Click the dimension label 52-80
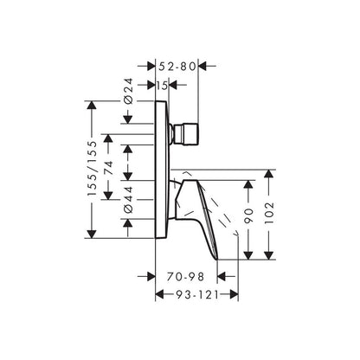(x=177, y=67)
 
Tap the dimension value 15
(x=162, y=86)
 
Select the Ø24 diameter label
(x=128, y=91)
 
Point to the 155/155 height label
(x=92, y=169)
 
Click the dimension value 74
(x=108, y=168)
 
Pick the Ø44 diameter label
(x=128, y=200)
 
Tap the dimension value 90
(x=248, y=215)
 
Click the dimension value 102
(x=269, y=213)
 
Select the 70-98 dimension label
(x=185, y=277)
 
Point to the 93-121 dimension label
(x=197, y=295)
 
